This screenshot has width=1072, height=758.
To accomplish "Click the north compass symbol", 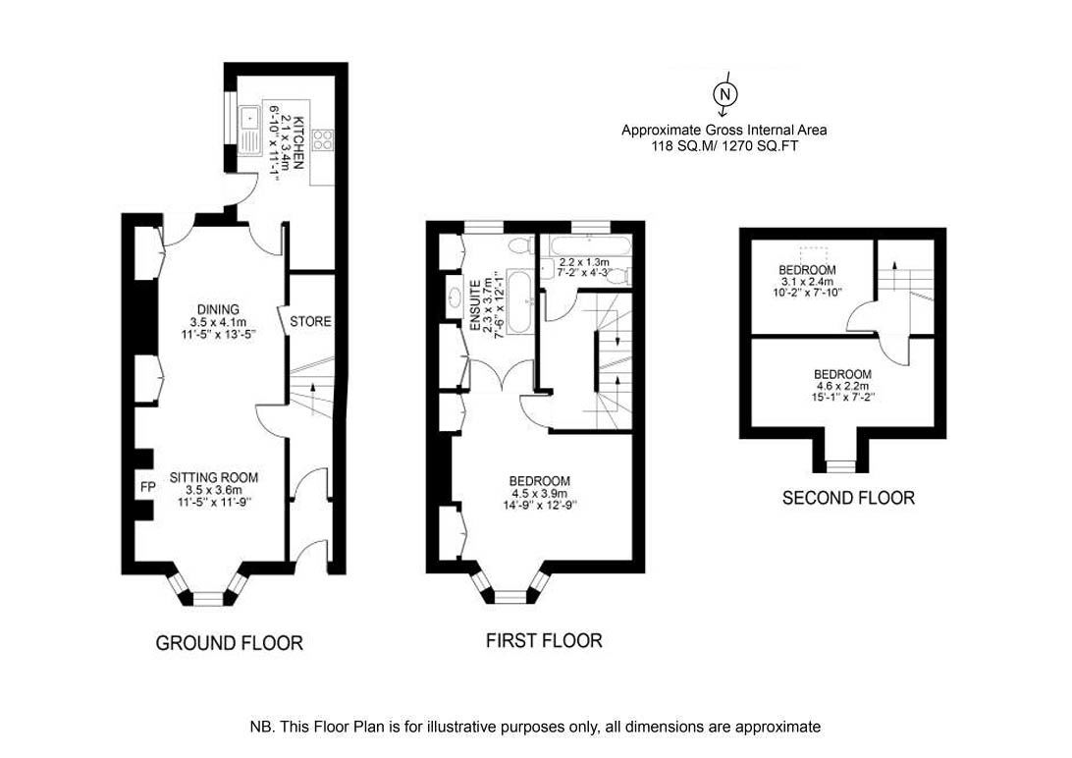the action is click(726, 93).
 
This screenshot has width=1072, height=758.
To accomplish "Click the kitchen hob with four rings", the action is click(323, 140).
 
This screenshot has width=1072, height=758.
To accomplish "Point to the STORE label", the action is click(310, 321).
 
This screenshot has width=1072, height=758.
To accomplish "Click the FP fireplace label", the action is click(147, 487).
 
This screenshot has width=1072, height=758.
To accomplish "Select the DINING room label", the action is click(218, 309).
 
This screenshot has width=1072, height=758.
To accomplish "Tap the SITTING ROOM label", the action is click(214, 478).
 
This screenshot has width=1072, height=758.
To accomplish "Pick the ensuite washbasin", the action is click(456, 297).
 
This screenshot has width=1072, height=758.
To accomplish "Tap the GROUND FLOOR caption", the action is click(229, 643).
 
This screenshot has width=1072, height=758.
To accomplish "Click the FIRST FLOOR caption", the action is click(544, 640).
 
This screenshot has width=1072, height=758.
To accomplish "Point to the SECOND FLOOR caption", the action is click(848, 498).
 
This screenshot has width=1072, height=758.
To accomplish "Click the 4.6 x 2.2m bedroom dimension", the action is click(842, 385).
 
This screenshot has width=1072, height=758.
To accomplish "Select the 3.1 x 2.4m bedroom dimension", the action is click(807, 281).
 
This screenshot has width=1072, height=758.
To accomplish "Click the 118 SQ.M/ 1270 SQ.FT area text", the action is click(724, 145).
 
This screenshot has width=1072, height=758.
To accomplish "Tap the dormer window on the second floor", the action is click(840, 465).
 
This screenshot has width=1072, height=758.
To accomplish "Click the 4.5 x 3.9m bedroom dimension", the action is click(539, 493).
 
